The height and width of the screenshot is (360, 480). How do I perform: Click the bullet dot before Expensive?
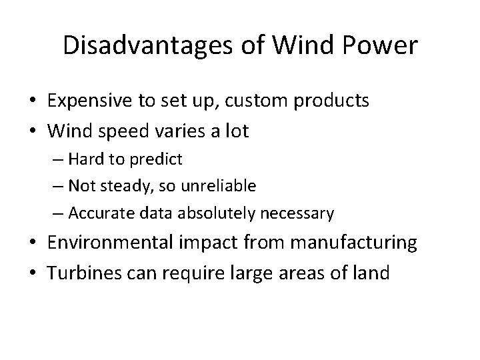coord(32,102)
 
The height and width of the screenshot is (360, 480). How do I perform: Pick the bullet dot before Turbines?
coord(32,273)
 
